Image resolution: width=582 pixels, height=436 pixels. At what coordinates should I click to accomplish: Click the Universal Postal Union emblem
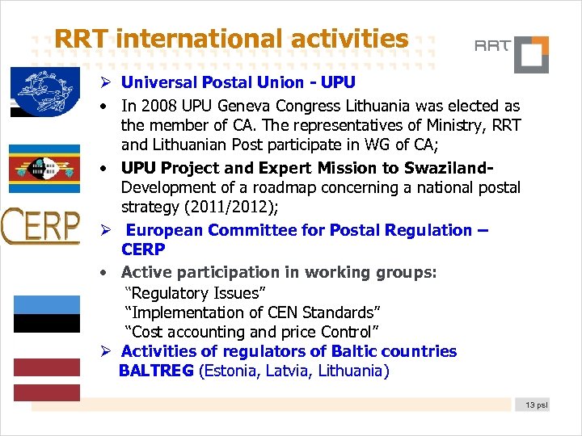pos(45,92)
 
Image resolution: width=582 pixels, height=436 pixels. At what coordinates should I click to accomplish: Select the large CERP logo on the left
pos(40,226)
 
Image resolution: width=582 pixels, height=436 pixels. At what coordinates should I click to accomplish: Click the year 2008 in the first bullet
pos(155,106)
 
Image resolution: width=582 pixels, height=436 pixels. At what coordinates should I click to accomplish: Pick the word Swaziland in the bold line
pos(449,168)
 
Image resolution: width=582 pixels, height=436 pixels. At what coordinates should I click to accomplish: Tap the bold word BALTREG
pos(156,371)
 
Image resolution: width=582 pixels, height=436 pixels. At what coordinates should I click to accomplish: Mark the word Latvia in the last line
pos(289,371)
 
